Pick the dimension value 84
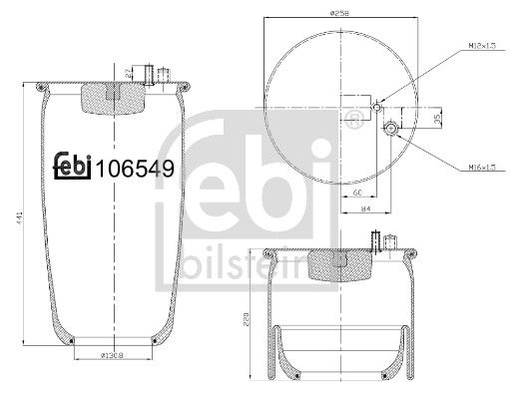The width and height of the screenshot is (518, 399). [x=365, y=210]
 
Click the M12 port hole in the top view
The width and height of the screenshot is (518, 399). [x=375, y=107]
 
